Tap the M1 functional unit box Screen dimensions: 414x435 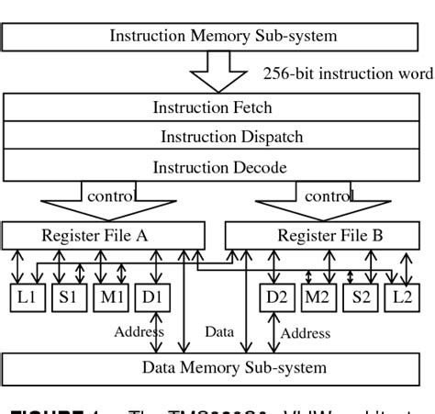point(110,298)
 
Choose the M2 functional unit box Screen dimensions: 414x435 point(318,298)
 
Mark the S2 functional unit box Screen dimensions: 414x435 point(361,298)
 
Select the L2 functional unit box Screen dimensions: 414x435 point(401,298)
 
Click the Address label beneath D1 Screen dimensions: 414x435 point(139,330)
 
